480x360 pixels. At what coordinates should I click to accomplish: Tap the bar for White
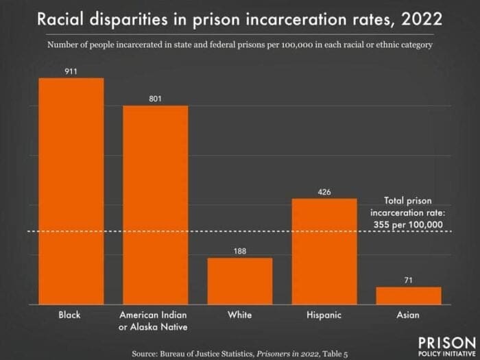[239, 280]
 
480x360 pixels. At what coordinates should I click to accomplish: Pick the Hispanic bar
[324, 251]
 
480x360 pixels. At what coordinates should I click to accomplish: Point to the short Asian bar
[409, 295]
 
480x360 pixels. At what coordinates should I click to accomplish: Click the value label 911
[71, 71]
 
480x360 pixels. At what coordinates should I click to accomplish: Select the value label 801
[155, 98]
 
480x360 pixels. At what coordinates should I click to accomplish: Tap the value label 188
[239, 251]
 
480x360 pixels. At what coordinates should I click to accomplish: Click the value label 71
[409, 280]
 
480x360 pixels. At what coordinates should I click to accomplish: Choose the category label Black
[70, 315]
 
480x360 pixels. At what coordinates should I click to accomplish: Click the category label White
[239, 315]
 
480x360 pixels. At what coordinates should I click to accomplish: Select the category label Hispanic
[324, 315]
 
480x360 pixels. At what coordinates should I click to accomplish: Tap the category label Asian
[409, 315]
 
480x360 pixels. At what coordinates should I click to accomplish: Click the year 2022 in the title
[416, 19]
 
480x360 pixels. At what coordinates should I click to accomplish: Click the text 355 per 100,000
[406, 224]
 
